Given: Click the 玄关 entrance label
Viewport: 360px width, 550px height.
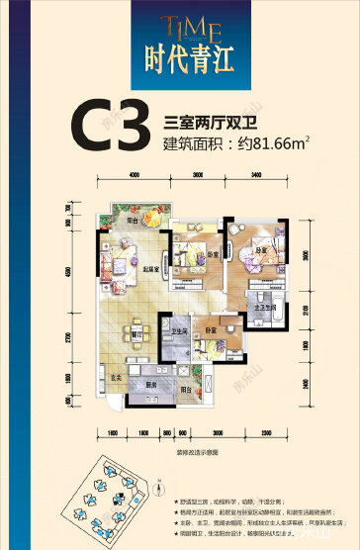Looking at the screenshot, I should [114, 377].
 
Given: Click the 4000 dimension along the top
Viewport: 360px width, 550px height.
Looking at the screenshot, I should [133, 175].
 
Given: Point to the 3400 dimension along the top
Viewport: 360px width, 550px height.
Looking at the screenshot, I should [256, 175].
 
